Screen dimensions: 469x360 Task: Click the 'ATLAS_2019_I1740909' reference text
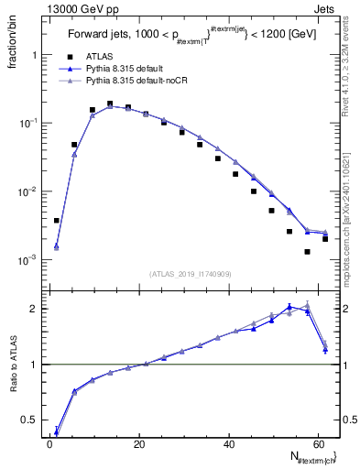191,274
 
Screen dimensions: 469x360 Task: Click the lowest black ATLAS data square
308,252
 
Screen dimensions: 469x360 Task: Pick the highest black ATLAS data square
110,104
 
